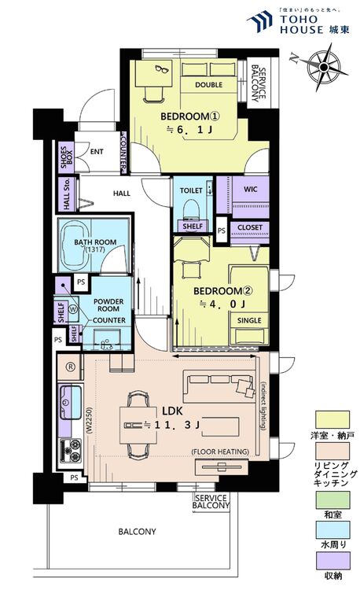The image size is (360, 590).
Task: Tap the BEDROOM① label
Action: pyautogui.click(x=187, y=116)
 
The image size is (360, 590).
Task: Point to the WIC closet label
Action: pyautogui.click(x=251, y=190)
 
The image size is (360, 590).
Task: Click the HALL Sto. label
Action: pyautogui.click(x=66, y=194)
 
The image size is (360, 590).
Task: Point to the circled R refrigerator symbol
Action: pyautogui.click(x=69, y=366)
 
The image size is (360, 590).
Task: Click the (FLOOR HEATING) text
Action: pyautogui.click(x=220, y=451)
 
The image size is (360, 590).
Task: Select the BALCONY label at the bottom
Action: pyautogui.click(x=137, y=532)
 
